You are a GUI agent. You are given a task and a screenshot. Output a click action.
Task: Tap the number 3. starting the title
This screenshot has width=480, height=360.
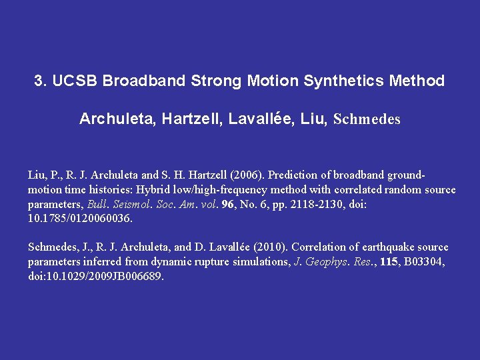40,81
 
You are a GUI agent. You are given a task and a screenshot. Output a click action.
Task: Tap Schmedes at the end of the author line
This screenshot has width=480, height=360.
367,120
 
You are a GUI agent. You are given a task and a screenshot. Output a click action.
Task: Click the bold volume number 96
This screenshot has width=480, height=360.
228,205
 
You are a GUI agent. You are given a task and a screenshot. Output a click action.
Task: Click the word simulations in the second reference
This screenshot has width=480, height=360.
261,262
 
